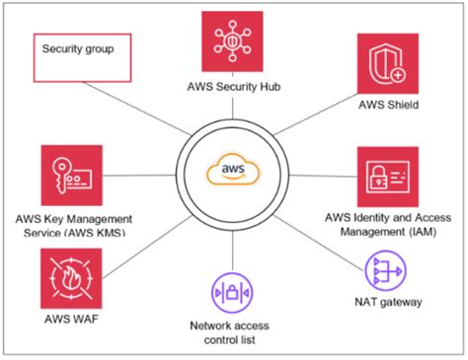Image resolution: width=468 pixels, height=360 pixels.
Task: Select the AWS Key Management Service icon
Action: (x=71, y=175)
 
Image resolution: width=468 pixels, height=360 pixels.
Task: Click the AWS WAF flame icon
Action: (x=71, y=279)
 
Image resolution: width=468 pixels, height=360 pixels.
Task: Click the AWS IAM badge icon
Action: (x=382, y=177)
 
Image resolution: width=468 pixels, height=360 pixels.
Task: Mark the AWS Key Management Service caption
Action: (x=71, y=224)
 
